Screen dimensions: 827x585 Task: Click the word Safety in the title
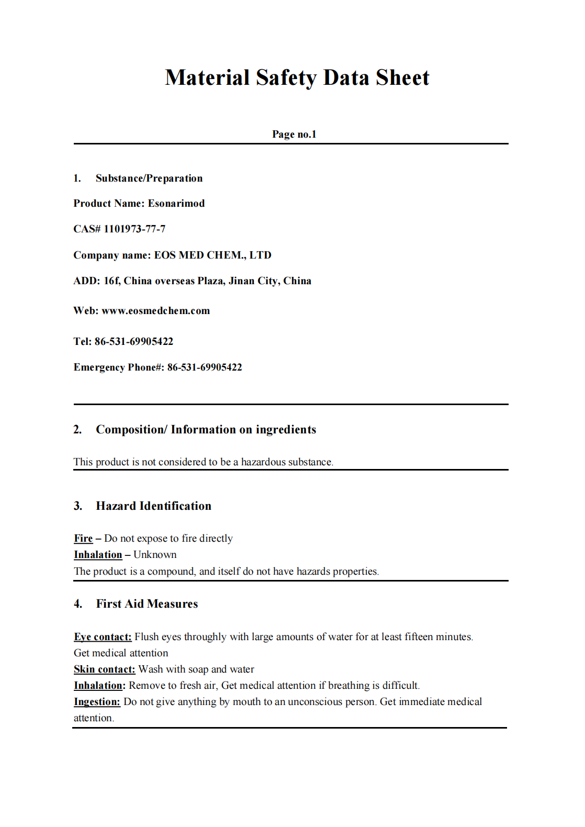click(286, 78)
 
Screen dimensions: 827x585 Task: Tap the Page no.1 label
click(294, 135)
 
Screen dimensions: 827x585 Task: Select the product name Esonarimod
click(176, 204)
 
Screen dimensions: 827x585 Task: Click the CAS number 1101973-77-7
click(134, 229)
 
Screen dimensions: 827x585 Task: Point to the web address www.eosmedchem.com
click(155, 311)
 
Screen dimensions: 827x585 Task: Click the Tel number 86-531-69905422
click(133, 342)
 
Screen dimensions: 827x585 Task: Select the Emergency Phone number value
click(205, 367)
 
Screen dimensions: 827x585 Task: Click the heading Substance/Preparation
click(149, 178)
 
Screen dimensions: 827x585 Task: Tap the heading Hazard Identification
click(153, 506)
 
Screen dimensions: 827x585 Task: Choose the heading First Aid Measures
click(147, 604)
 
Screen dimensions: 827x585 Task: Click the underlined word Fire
click(83, 539)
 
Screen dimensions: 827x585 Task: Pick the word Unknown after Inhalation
click(155, 555)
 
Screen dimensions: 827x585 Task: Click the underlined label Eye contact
click(103, 637)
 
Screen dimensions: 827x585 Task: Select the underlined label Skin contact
click(104, 669)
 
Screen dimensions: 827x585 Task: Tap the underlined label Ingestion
click(97, 702)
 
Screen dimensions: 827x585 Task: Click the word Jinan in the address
click(241, 281)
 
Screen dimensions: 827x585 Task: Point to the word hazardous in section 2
click(263, 462)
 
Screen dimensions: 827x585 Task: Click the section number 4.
click(78, 604)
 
